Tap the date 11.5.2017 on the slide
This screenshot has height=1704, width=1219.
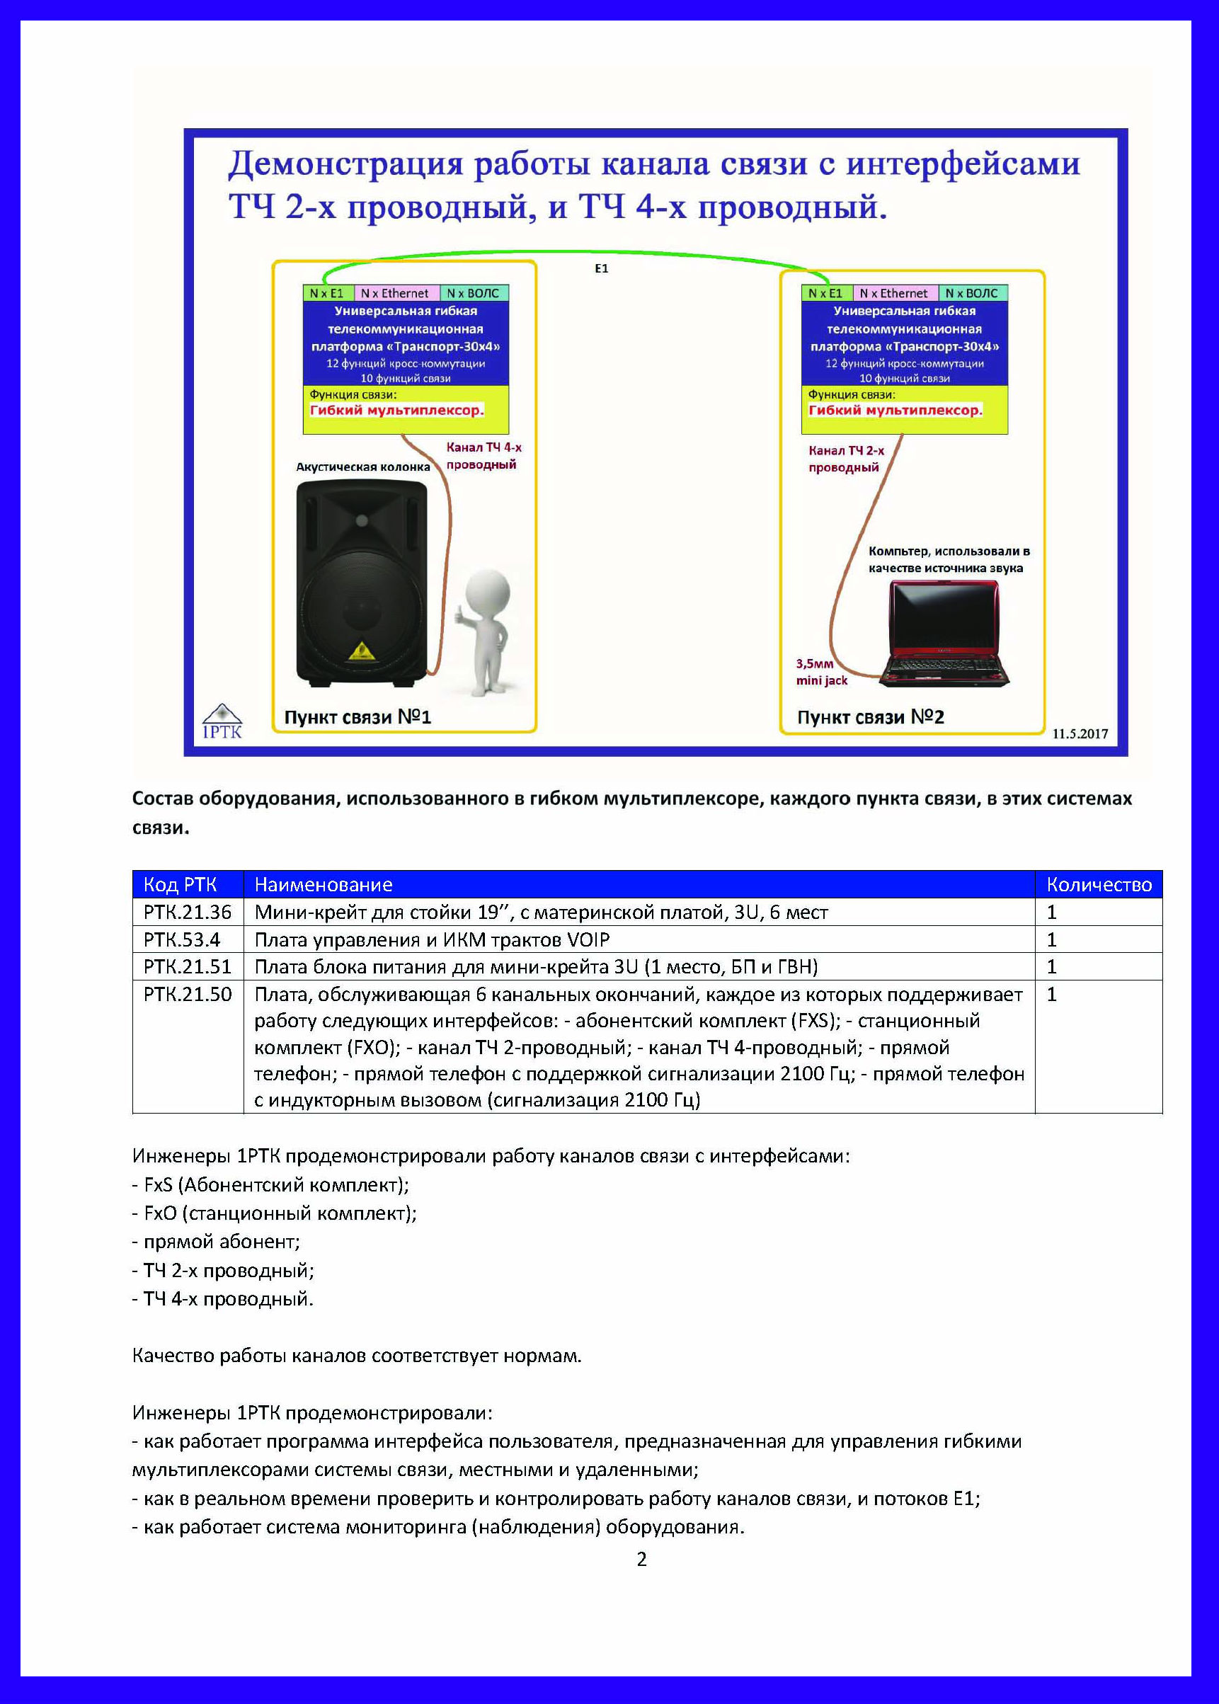pyautogui.click(x=1080, y=734)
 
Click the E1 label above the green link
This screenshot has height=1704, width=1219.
pyautogui.click(x=601, y=269)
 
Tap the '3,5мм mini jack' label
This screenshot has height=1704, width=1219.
pyautogui.click(x=821, y=672)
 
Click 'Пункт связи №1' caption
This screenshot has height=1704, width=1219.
pyautogui.click(x=357, y=718)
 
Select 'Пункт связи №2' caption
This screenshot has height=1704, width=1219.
pyautogui.click(x=870, y=718)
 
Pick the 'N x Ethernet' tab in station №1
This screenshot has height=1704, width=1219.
pyautogui.click(x=394, y=294)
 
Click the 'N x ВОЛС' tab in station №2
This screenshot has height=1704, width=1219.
pyautogui.click(x=971, y=294)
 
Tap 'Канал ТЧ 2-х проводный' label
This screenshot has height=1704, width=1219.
pyautogui.click(x=846, y=459)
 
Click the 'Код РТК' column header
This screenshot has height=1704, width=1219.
pyautogui.click(x=180, y=885)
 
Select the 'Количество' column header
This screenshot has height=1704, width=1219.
pyautogui.click(x=1098, y=885)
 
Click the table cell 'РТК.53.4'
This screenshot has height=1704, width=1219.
pyautogui.click(x=182, y=940)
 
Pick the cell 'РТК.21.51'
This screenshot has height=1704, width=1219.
pyautogui.click(x=187, y=967)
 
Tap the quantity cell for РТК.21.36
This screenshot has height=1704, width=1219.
pyautogui.click(x=1052, y=913)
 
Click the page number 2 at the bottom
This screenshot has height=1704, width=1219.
pyautogui.click(x=641, y=1559)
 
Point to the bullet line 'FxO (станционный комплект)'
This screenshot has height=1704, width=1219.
pyautogui.click(x=275, y=1213)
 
